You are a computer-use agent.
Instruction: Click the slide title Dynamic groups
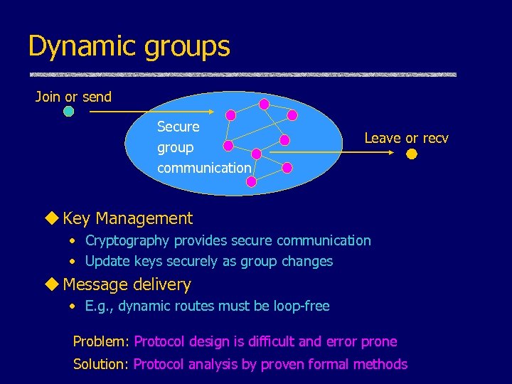[x=129, y=46]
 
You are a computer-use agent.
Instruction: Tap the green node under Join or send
[x=68, y=112]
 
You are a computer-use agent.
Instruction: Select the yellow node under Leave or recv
[x=412, y=153]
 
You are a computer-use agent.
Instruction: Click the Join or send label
[x=73, y=97]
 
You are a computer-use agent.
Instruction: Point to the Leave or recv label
[x=406, y=138]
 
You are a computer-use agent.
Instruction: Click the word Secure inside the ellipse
[x=178, y=127]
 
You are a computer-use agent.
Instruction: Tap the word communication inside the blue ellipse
[x=204, y=169]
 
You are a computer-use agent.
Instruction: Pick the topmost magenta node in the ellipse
[x=264, y=104]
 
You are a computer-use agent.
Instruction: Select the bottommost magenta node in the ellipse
[x=251, y=182]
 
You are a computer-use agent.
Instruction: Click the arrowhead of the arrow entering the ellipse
[x=211, y=112]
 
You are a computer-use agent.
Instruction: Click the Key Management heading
[x=127, y=218]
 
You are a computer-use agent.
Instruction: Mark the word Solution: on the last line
[x=101, y=364]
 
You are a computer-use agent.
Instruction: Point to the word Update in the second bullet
[x=105, y=261]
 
